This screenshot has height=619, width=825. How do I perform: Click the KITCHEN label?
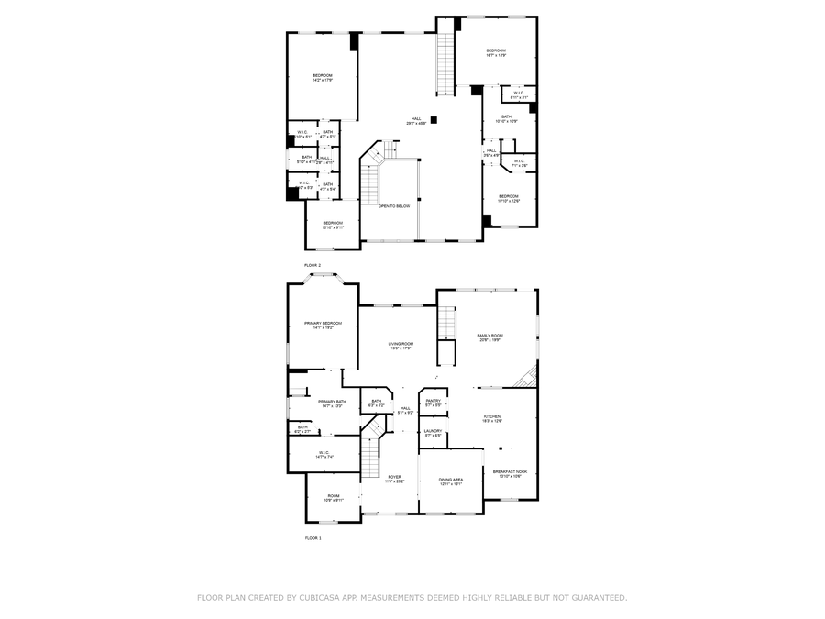(x=492, y=418)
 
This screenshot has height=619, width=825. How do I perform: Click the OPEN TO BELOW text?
(x=394, y=206)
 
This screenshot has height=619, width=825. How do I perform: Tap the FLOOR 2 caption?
(x=313, y=265)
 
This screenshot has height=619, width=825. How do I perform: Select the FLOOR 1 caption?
(x=313, y=538)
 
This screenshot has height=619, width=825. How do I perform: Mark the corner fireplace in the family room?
(x=526, y=376)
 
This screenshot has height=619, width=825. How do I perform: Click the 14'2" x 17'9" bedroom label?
(x=322, y=77)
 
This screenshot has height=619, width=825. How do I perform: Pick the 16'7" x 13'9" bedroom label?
(x=496, y=52)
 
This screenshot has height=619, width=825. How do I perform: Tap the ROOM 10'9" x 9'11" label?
(x=334, y=498)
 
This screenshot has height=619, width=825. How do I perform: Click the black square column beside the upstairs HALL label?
(x=434, y=118)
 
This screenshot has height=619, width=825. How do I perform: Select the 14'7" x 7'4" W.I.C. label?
(x=324, y=453)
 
